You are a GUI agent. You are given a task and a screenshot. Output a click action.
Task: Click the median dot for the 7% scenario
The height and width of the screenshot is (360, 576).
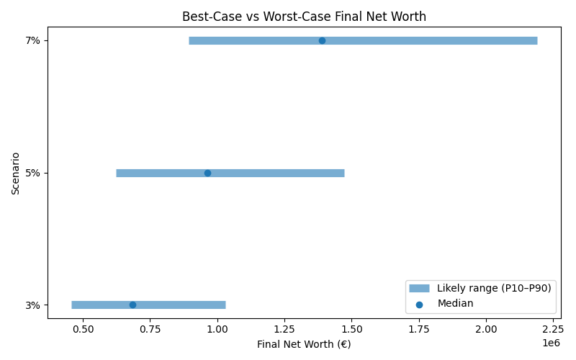(x=322, y=40)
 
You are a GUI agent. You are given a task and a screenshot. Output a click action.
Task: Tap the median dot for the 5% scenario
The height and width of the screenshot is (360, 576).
(x=207, y=173)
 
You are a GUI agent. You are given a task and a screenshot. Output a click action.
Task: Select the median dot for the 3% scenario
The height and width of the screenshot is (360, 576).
(x=132, y=305)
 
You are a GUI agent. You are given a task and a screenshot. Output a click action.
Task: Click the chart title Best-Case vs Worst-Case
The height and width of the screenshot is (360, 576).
(x=304, y=16)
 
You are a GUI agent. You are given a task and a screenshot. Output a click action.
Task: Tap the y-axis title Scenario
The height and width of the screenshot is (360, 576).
(x=15, y=173)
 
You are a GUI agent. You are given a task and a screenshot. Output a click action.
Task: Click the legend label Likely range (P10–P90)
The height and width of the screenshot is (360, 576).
(x=494, y=288)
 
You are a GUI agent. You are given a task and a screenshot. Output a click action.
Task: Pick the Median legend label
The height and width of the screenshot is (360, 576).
(x=455, y=303)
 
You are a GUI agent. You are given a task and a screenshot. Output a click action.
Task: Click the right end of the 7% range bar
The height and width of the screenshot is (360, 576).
(x=536, y=40)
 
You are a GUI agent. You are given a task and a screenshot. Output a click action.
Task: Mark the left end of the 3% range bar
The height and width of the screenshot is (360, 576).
(x=72, y=305)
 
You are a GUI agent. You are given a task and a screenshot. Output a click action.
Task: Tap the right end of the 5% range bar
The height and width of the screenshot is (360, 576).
(x=343, y=173)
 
